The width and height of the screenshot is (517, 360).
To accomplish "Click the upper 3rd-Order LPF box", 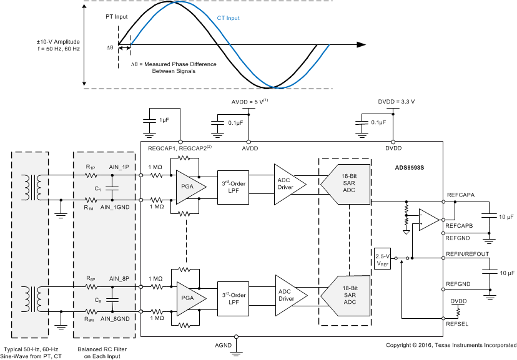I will click(233, 187).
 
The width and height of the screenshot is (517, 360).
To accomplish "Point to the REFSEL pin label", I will click(457, 324).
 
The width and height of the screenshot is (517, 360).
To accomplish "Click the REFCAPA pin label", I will click(461, 195).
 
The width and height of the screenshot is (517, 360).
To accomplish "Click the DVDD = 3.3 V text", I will click(396, 100).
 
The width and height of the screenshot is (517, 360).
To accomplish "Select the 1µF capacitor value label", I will click(164, 119).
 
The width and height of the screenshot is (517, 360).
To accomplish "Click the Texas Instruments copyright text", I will click(451, 345).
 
